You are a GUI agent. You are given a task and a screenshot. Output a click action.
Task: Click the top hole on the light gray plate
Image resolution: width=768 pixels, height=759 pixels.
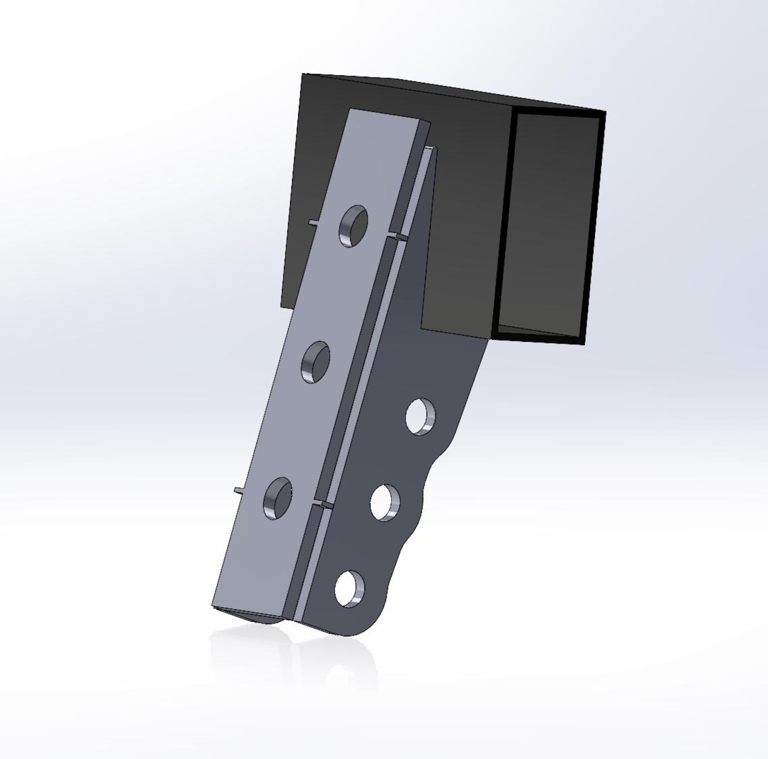click(354, 226)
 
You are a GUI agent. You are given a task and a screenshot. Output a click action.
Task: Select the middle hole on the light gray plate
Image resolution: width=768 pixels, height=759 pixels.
click(316, 362)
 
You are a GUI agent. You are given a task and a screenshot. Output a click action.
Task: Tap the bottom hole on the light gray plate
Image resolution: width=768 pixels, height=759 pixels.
click(278, 498)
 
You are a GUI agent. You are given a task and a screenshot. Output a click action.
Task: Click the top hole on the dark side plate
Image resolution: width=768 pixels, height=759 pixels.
click(420, 416)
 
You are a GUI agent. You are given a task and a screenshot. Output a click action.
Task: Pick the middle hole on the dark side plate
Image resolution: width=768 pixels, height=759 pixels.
click(385, 503)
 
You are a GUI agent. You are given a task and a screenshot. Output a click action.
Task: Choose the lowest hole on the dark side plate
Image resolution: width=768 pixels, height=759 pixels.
click(349, 589)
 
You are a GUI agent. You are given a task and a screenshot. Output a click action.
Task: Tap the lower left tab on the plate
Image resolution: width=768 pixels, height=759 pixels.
click(239, 490)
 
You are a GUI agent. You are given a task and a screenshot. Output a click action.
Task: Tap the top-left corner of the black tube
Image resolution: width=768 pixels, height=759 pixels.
click(303, 75)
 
